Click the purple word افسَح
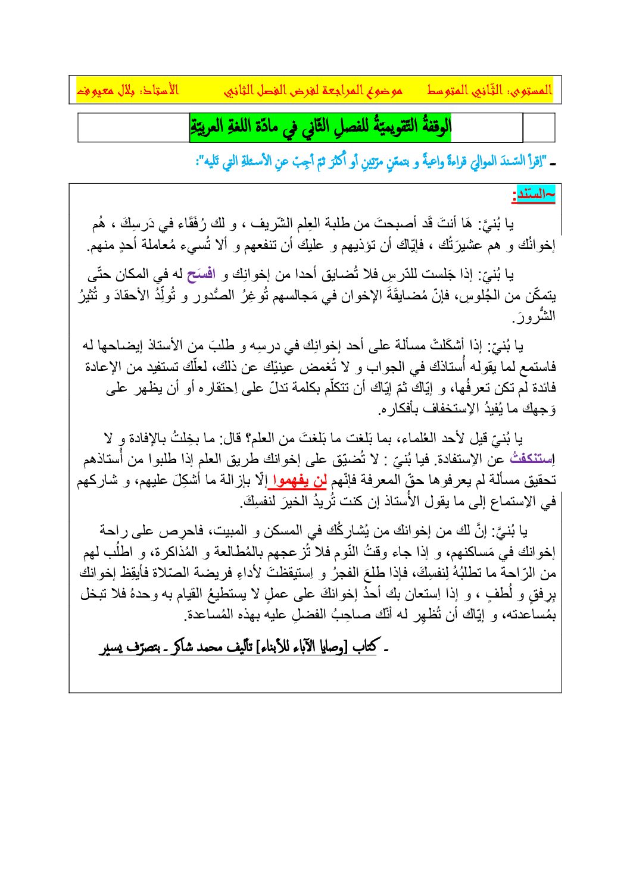200,275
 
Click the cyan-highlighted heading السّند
534,195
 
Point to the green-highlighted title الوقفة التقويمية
320,127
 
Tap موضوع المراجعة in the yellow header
314,90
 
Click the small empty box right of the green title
538,127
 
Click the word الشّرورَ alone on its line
538,316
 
